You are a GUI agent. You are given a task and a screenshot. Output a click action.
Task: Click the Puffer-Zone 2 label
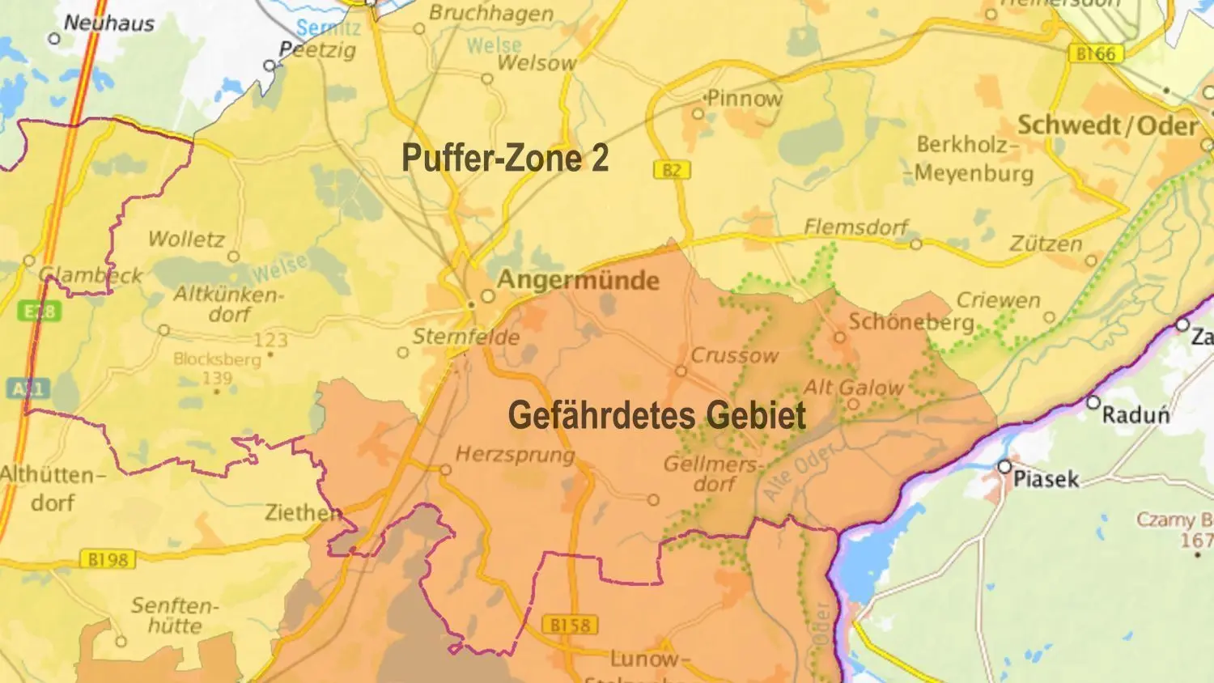pyautogui.click(x=505, y=158)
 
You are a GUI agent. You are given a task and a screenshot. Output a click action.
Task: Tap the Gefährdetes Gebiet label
pyautogui.click(x=656, y=416)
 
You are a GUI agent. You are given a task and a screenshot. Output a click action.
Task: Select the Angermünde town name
pyautogui.click(x=578, y=281)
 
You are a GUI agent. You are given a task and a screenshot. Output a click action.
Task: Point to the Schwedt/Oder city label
pyautogui.click(x=1107, y=125)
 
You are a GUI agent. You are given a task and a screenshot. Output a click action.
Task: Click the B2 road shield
pyautogui.click(x=671, y=170)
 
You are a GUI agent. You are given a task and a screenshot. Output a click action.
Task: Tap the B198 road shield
pyautogui.click(x=107, y=559)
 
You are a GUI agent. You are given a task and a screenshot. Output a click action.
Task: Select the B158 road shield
pyautogui.click(x=570, y=626)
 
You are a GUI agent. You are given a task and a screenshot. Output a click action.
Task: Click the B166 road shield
pyautogui.click(x=1096, y=54)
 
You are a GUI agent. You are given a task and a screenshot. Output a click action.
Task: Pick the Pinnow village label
pyautogui.click(x=745, y=99)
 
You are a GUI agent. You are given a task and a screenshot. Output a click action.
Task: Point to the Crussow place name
pyautogui.click(x=734, y=355)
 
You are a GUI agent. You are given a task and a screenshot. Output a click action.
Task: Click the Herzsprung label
pyautogui.click(x=515, y=454)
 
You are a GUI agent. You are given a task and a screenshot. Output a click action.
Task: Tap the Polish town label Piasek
pyautogui.click(x=1046, y=479)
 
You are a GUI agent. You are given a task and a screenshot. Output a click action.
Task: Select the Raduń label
pyautogui.click(x=1135, y=415)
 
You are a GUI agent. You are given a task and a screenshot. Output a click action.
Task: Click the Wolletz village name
pyautogui.click(x=186, y=239)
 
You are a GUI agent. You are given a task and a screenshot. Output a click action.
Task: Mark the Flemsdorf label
pyautogui.click(x=855, y=227)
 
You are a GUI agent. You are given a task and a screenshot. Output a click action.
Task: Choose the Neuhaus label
pyautogui.click(x=108, y=23)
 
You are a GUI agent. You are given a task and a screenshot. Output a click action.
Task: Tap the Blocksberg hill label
pyautogui.click(x=217, y=359)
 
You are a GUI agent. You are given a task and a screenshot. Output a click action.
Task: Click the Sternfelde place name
pyautogui.click(x=466, y=337)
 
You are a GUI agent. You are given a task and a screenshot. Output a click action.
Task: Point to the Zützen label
pyautogui.click(x=1046, y=244)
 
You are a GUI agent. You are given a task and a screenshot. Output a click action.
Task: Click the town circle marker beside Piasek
pyautogui.click(x=1004, y=467)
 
